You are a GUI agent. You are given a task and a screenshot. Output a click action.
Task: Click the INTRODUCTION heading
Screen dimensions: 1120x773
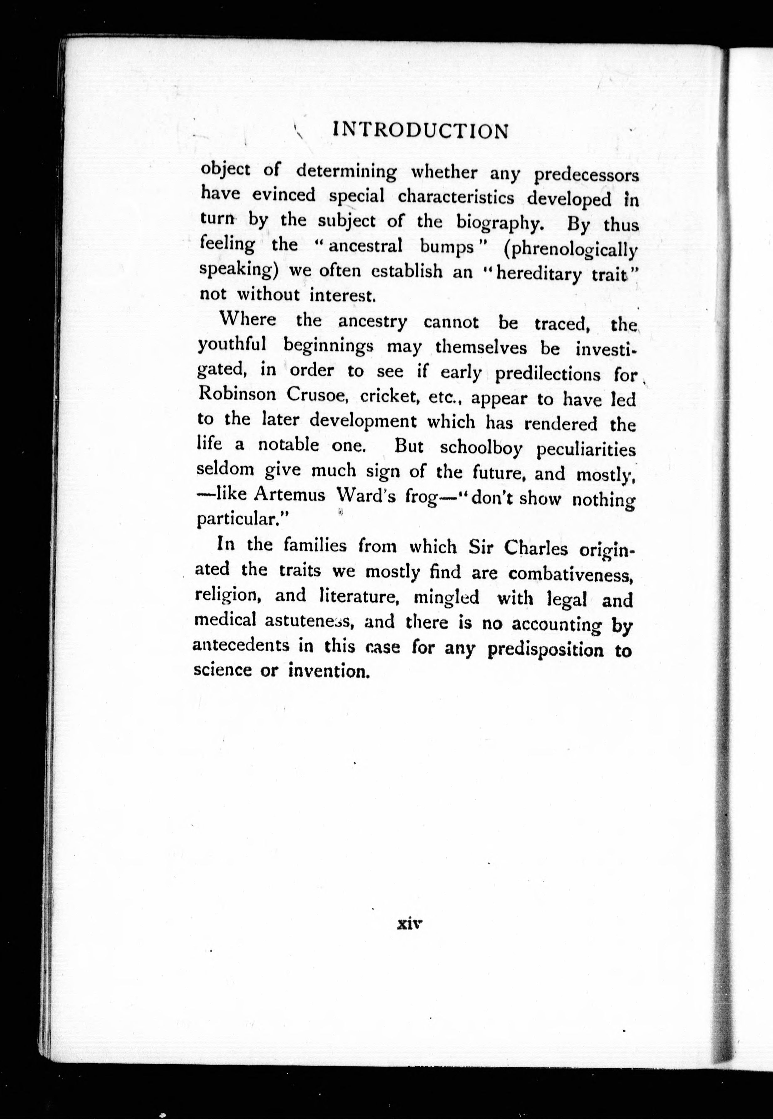tap(421, 131)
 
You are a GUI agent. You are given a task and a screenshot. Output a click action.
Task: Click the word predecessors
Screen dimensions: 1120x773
tap(586, 175)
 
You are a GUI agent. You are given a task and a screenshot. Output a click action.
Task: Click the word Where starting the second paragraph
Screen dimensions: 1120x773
tap(248, 319)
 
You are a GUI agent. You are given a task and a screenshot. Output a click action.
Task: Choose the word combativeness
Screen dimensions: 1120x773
tap(571, 574)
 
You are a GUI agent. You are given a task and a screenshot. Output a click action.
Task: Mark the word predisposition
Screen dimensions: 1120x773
tap(545, 649)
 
